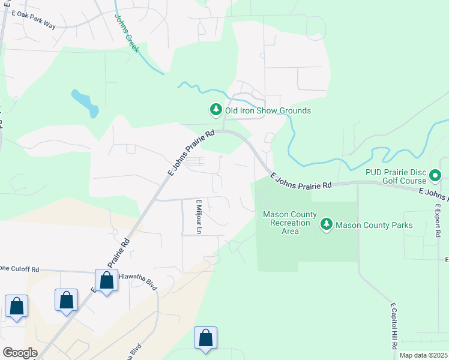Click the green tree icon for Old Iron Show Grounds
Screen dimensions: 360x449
pyautogui.click(x=215, y=110)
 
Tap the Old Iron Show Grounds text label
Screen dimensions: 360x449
pyautogui.click(x=268, y=110)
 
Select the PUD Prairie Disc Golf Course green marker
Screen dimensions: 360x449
pyautogui.click(x=436, y=176)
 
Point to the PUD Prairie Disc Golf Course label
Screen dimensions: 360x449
pyautogui.click(x=396, y=176)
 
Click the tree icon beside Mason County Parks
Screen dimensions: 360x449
pyautogui.click(x=326, y=224)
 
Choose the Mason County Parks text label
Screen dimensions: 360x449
pyautogui.click(x=374, y=225)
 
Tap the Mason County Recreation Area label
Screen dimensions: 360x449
pyautogui.click(x=286, y=223)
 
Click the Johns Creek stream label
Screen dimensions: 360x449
pyautogui.click(x=126, y=33)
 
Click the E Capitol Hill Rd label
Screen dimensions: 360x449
pyautogui.click(x=394, y=326)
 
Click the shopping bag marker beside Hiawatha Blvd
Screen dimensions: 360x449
pyautogui.click(x=106, y=280)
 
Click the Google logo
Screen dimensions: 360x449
pyautogui.click(x=20, y=353)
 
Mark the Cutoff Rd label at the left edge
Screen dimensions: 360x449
pyautogui.click(x=19, y=269)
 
